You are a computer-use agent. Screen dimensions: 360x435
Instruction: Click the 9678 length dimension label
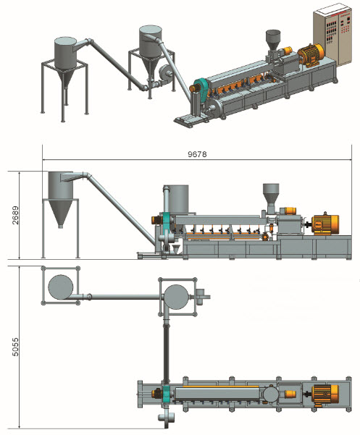click(197, 154)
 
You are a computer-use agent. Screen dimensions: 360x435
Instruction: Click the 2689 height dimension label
click(15, 215)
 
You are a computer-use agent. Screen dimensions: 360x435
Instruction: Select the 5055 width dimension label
click(15, 347)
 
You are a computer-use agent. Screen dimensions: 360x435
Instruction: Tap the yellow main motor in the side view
click(325, 225)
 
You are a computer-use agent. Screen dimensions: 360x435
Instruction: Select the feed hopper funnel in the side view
click(271, 193)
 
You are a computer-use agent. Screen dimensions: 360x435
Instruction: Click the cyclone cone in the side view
click(60, 213)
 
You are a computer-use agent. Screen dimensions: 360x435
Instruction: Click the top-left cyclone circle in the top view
click(61, 287)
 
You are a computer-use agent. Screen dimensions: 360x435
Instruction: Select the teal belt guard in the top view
click(166, 393)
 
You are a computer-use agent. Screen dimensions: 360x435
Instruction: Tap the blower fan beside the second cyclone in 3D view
click(164, 73)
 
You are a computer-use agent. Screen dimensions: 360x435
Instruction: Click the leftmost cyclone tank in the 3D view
click(65, 53)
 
